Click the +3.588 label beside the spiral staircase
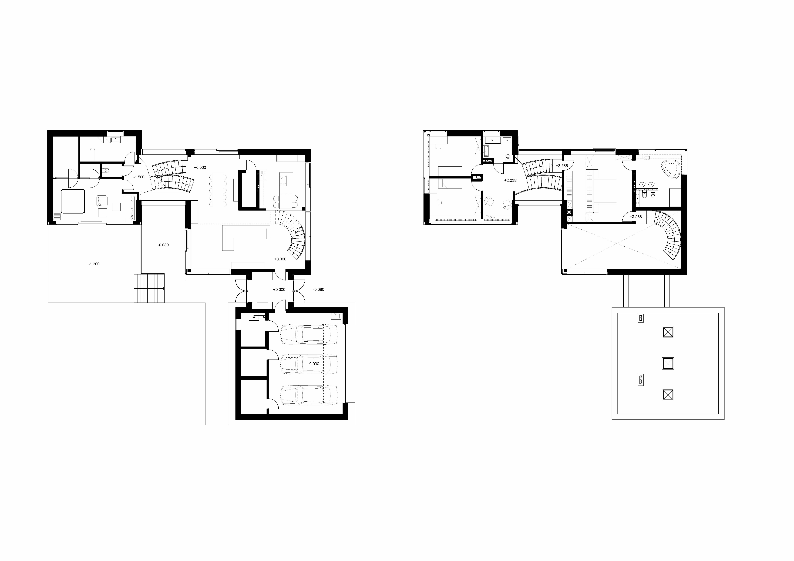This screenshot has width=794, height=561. [636, 217]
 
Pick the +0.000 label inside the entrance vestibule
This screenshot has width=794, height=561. [279, 290]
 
